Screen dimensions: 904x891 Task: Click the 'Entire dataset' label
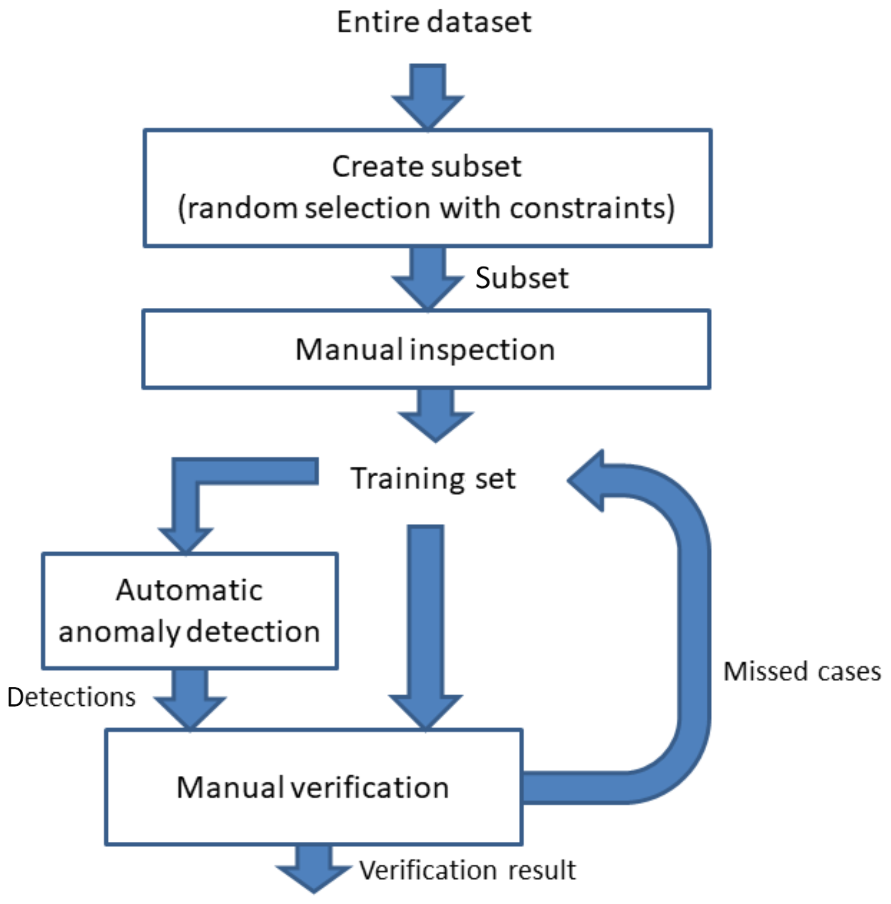(434, 22)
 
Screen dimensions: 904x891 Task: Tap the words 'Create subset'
(426, 167)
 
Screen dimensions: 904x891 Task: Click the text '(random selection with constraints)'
(426, 208)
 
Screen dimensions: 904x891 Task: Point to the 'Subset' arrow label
(522, 278)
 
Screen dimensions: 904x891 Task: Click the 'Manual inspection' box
(426, 349)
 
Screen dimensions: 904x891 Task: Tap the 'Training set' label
(433, 479)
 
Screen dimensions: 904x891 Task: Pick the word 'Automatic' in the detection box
(190, 590)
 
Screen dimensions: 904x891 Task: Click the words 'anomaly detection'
(190, 632)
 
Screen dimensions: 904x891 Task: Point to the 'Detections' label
(71, 697)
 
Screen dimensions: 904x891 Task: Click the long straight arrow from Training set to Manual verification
(425, 622)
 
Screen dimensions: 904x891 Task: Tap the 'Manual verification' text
(313, 787)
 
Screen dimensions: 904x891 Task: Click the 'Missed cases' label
(802, 671)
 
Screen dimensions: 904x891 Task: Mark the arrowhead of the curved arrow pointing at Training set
(587, 480)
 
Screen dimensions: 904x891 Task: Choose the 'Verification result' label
(467, 870)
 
